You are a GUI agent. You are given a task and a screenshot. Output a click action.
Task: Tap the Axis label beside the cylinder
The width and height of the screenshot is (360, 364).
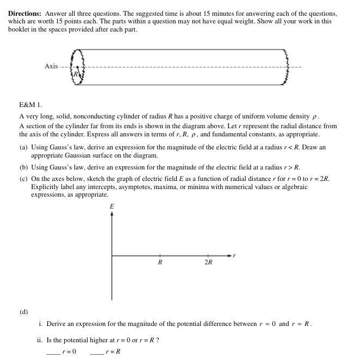click(51, 66)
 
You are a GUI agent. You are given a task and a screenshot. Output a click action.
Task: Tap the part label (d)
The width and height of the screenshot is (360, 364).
click(24, 312)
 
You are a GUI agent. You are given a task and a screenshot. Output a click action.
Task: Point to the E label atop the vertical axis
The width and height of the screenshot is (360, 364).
click(112, 206)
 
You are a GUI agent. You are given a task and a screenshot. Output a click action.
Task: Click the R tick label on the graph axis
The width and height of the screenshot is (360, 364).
click(160, 262)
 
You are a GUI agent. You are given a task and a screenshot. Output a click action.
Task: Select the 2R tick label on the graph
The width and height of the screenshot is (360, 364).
click(208, 262)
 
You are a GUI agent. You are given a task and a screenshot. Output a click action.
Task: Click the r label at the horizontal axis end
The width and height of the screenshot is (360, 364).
click(235, 254)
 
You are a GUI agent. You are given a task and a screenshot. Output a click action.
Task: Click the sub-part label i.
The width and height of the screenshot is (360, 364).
click(41, 324)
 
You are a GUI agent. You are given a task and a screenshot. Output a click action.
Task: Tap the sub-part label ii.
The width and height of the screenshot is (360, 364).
click(40, 341)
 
